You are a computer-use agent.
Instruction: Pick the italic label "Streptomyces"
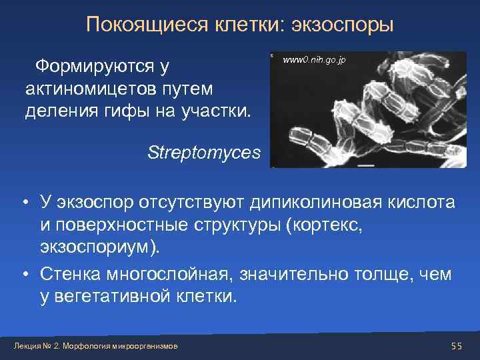point(204,153)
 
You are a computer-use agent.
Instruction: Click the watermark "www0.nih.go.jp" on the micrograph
point(314,61)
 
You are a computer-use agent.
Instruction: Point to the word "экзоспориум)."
point(101,249)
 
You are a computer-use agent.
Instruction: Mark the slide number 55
point(456,345)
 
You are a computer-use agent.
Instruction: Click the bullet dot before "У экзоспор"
point(23,202)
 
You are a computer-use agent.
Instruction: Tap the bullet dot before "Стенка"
point(23,274)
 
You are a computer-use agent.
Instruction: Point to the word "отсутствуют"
point(193,201)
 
